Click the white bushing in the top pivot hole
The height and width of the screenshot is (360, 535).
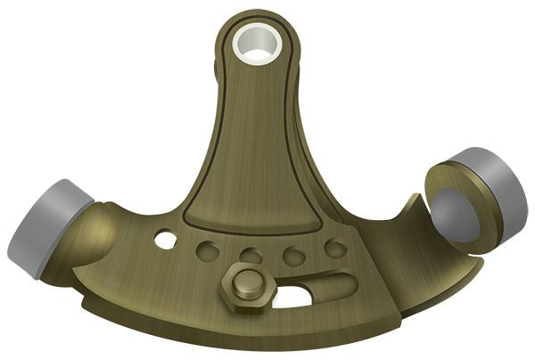point(255,45)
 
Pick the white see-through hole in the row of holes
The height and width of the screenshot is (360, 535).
point(165,240)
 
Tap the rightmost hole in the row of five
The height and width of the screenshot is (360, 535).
point(335,248)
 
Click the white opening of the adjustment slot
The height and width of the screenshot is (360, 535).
point(294,296)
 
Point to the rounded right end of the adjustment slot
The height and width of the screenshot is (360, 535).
point(343,287)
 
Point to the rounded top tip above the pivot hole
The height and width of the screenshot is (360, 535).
point(253,12)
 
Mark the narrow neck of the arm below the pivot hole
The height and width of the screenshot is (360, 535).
point(252,107)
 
